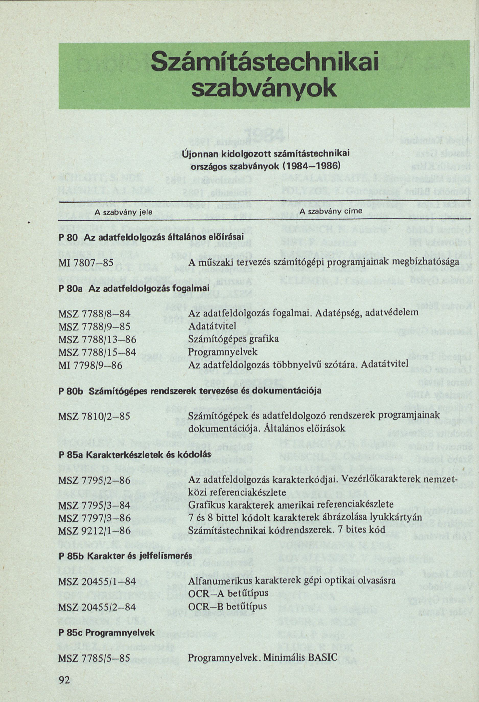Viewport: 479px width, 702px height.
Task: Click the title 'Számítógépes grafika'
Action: [x=233, y=339]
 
